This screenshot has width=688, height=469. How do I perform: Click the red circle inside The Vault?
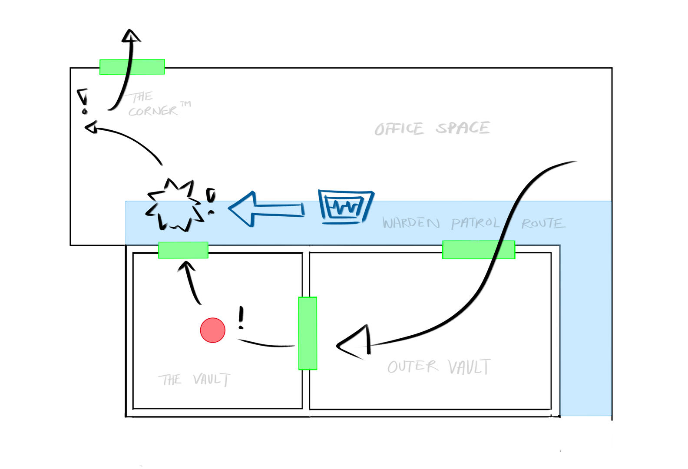212,330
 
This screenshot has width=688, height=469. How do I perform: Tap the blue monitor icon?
346,207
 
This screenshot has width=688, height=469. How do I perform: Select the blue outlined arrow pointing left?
266,209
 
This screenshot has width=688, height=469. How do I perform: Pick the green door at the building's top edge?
132,67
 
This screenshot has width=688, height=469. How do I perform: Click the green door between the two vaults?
308,333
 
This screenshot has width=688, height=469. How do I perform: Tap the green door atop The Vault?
183,250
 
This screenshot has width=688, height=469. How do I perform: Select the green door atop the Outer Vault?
478,250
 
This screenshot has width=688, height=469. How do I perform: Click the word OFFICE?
399,129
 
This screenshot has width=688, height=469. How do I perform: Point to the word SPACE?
463,128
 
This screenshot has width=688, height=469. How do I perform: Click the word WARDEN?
411,223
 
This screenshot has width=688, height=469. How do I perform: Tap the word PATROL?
475,223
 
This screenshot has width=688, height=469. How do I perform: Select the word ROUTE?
543,224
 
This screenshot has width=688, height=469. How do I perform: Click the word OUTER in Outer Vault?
413,367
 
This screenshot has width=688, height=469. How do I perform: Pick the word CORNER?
152,112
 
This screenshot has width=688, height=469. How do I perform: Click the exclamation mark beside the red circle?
241,317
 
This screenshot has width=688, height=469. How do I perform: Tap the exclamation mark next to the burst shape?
211,201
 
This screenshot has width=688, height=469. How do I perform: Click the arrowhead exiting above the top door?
130,36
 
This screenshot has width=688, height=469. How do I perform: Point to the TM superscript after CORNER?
185,104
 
